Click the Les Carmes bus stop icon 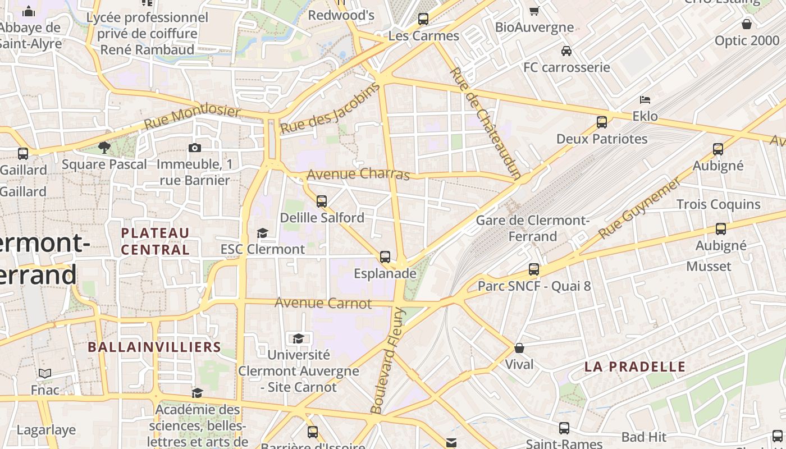coord(423,19)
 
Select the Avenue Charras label coord(358,173)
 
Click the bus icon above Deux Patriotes coord(602,122)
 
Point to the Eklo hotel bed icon coord(645,100)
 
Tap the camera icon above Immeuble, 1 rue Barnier coord(195,148)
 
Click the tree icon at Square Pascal coord(104,148)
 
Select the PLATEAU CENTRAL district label coord(156,241)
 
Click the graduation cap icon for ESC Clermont coord(262,232)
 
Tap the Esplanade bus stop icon coord(385,257)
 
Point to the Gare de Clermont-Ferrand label coord(532,228)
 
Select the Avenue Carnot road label coord(323,303)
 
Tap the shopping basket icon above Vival coord(519,348)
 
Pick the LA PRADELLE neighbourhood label coord(635,367)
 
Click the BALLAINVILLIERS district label coord(154,347)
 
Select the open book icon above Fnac coord(45,373)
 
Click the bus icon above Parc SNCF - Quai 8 coord(534,269)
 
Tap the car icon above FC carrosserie coord(566,51)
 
